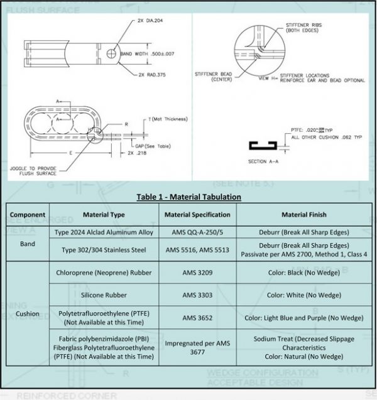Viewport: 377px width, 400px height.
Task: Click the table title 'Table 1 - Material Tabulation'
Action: tap(188, 197)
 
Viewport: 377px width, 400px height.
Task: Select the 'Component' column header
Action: tap(27, 215)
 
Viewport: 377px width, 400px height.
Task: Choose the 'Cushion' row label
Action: tap(27, 313)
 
